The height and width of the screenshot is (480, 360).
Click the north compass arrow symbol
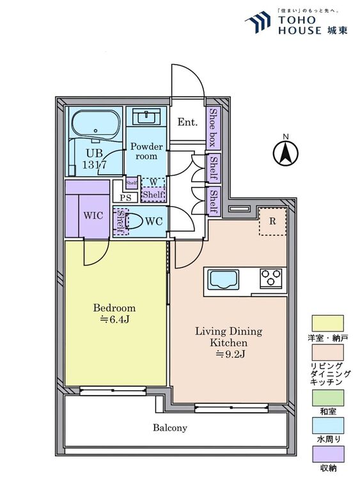pyautogui.click(x=285, y=153)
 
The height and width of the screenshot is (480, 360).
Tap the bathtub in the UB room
pyautogui.click(x=95, y=125)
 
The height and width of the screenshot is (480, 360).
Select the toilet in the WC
pyautogui.click(x=134, y=221)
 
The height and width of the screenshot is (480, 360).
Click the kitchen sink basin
pyautogui.click(x=223, y=280)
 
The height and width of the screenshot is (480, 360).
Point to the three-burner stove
pyautogui.click(x=271, y=278)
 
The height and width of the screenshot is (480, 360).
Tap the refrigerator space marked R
pyautogui.click(x=272, y=221)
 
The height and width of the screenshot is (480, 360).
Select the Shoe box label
pyautogui.click(x=213, y=127)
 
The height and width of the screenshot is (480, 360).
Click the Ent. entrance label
pyautogui.click(x=187, y=122)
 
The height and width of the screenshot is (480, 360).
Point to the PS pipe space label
pyautogui.click(x=125, y=198)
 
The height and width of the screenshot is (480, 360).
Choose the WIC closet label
pyautogui.click(x=93, y=215)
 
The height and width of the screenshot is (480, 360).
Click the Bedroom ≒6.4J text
pyautogui.click(x=114, y=314)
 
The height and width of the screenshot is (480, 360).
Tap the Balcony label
pyautogui.click(x=170, y=428)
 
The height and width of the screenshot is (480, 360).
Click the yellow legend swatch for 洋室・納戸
pyautogui.click(x=327, y=323)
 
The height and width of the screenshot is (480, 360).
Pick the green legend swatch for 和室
pyautogui.click(x=327, y=397)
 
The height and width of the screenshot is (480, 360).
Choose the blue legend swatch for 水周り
pyautogui.click(x=327, y=426)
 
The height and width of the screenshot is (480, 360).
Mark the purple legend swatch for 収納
pyautogui.click(x=327, y=454)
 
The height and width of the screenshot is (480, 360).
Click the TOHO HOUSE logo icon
pyautogui.click(x=258, y=21)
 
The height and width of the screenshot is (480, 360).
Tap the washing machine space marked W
pyautogui.click(x=153, y=182)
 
